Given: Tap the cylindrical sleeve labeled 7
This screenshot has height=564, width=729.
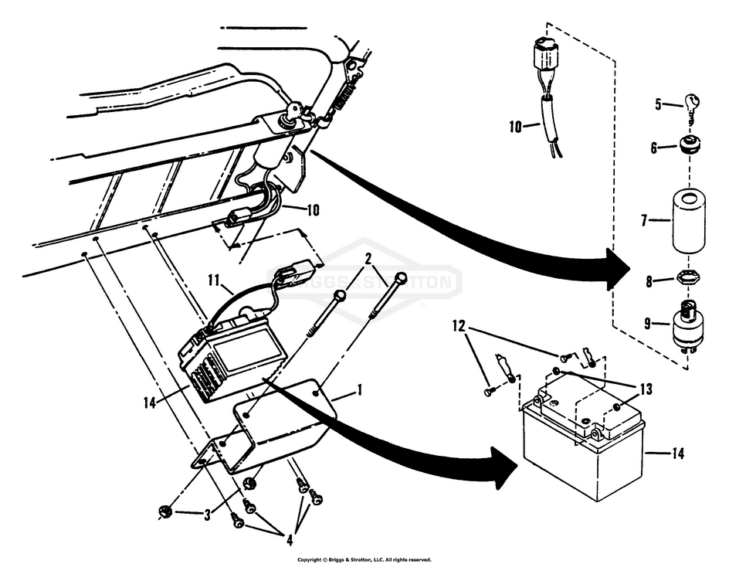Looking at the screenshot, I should click(x=689, y=220).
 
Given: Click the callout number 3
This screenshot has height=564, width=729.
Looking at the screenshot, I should click(x=207, y=515).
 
